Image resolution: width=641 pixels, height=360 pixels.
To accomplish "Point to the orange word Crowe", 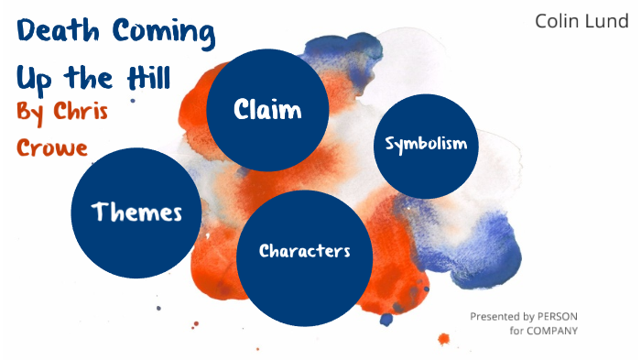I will tap(52, 146).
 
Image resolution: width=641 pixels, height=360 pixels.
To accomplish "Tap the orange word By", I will tap(29, 113).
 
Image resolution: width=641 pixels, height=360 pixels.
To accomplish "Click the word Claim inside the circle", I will tap(267, 111).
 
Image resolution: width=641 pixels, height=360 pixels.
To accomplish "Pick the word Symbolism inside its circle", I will tap(427, 144).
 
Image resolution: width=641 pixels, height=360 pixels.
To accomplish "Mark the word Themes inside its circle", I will tap(136, 213).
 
